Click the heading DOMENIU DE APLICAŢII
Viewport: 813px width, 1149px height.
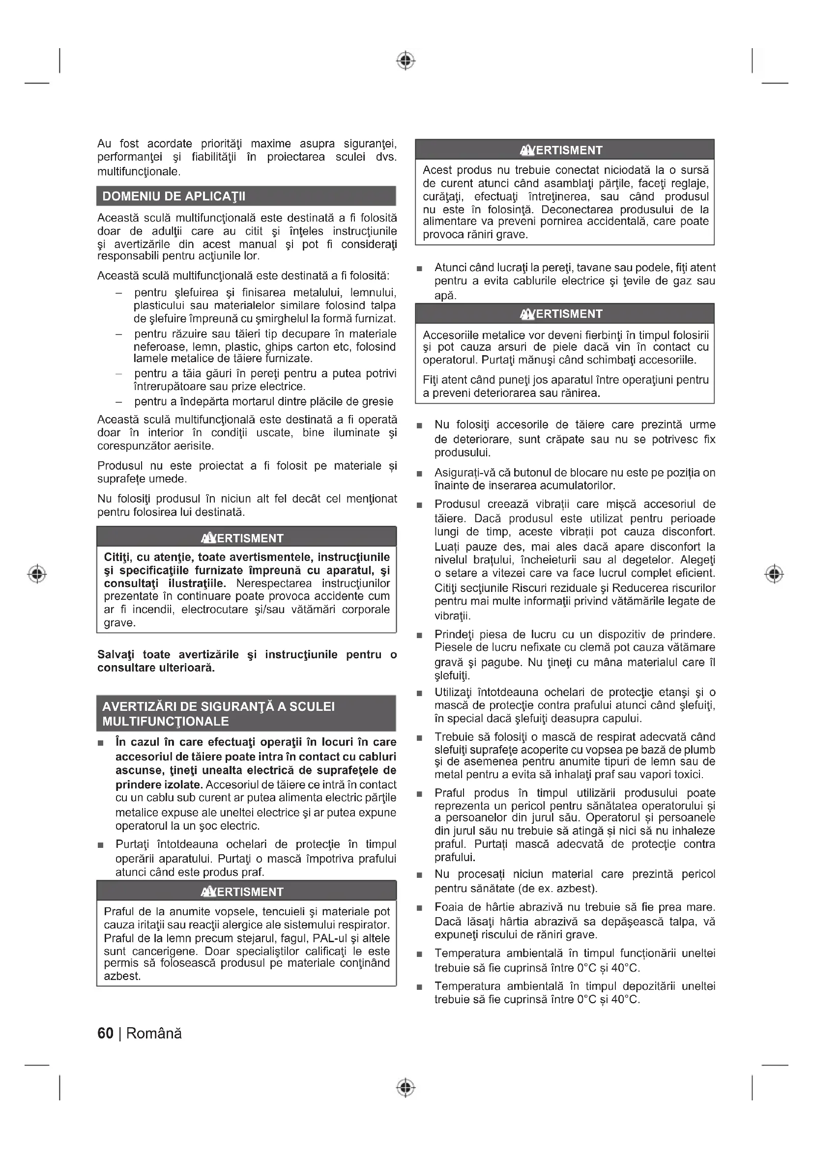pos(174,196)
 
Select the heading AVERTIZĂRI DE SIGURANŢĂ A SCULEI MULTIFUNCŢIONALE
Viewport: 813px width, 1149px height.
pos(218,714)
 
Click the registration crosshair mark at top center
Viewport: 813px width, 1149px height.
pos(406,60)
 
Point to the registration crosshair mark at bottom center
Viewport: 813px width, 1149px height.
pos(406,1088)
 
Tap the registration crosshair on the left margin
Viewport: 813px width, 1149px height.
pos(37,573)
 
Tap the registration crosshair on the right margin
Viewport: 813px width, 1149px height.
pos(775,573)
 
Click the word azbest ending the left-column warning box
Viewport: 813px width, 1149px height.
pos(122,977)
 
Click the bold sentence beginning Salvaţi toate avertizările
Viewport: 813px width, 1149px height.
pos(247,661)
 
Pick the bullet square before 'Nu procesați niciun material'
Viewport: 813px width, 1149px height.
pos(419,875)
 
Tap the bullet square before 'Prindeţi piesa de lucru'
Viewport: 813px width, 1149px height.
pos(419,636)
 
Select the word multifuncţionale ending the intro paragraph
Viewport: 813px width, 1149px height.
pos(138,171)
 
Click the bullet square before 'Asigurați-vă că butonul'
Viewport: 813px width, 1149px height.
pos(419,474)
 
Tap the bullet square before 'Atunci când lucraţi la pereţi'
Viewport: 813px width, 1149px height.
pos(419,269)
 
